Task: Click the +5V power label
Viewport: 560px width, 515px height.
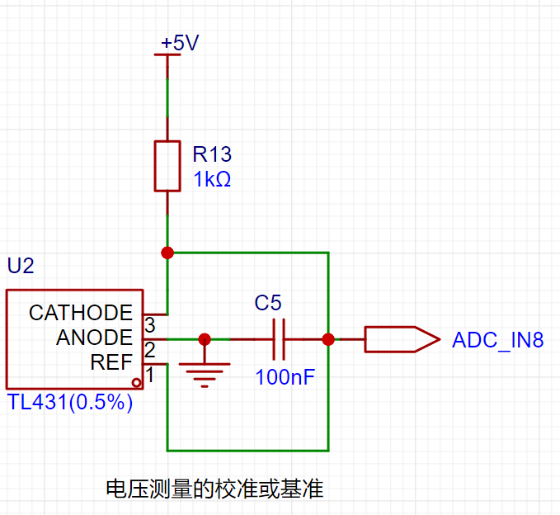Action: click(180, 43)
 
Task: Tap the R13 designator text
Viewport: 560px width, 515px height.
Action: click(212, 154)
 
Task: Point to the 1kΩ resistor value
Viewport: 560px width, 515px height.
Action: click(212, 179)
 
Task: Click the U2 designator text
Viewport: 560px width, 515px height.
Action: click(21, 266)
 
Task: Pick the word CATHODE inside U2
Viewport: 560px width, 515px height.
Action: click(81, 313)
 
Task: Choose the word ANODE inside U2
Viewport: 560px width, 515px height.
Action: click(94, 338)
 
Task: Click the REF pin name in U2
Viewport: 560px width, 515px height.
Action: click(111, 362)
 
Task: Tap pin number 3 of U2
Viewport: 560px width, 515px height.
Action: click(150, 325)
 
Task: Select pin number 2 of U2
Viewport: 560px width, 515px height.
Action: click(150, 350)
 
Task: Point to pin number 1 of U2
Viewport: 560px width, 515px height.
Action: click(150, 375)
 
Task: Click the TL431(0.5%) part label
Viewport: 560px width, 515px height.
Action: click(70, 402)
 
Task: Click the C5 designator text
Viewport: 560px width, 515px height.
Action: click(268, 303)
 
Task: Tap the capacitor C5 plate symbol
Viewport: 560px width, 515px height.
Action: click(279, 339)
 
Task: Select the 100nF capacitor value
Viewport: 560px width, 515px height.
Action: click(285, 377)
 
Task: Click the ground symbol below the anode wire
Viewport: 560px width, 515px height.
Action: click(205, 375)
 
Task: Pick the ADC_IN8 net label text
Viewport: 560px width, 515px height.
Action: click(498, 340)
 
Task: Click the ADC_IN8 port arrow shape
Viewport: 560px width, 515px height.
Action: click(402, 339)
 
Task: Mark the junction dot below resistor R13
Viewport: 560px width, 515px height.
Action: click(167, 253)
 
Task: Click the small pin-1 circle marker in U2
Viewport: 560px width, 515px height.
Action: click(136, 383)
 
